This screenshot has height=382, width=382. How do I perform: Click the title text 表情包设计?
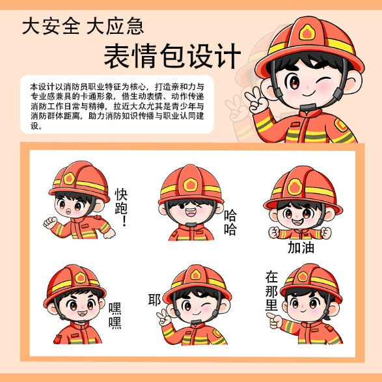(x=172, y=56)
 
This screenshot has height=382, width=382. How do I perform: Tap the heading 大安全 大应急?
(x=83, y=26)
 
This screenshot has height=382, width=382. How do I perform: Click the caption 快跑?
(x=121, y=206)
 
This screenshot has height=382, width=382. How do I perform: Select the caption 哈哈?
(x=230, y=222)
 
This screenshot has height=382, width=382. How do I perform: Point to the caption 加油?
(x=301, y=247)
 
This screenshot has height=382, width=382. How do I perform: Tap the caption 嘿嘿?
(x=115, y=316)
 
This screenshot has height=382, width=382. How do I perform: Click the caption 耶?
(x=154, y=299)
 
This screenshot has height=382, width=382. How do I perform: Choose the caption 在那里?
(x=271, y=290)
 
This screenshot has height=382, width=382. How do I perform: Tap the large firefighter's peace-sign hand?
(x=256, y=100)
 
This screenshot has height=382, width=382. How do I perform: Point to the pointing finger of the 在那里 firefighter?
(x=271, y=316)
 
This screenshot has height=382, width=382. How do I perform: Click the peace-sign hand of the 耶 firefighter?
(x=164, y=317)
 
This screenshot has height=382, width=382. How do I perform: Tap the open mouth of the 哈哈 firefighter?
(x=191, y=212)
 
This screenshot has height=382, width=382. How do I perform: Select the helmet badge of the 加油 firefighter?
(x=295, y=187)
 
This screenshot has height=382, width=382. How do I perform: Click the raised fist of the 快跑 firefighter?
(x=50, y=223)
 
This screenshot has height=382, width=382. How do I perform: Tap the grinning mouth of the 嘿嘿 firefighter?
(x=82, y=313)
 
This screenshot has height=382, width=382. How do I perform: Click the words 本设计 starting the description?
(x=38, y=87)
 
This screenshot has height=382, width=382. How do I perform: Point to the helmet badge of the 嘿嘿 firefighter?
(x=80, y=277)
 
